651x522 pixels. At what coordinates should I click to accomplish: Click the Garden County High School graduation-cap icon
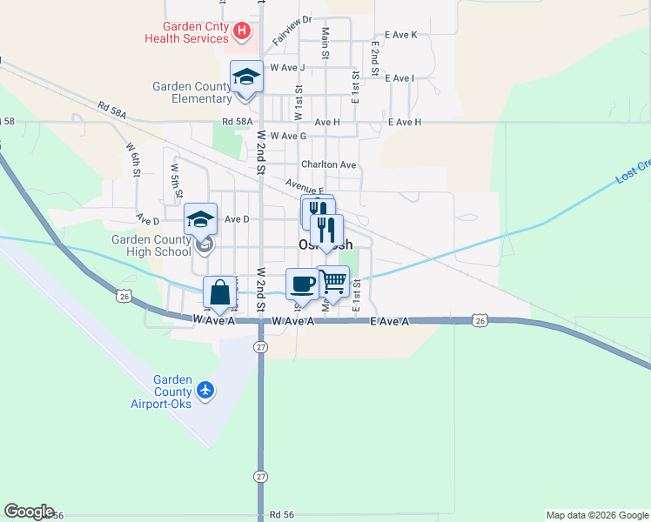pos(200,219)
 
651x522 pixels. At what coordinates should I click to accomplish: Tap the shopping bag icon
pos(220,292)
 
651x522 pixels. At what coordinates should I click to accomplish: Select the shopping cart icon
pos(332,282)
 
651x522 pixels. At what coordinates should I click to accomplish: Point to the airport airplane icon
pos(205,389)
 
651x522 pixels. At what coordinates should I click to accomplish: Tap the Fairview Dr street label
pos(292,30)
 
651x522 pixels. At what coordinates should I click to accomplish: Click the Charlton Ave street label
pos(329,164)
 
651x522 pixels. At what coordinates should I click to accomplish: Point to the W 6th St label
pos(133,160)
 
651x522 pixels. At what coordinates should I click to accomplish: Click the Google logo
pos(28,512)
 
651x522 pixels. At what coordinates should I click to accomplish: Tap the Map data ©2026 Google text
pos(596,515)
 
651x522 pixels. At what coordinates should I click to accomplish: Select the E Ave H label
pos(404,123)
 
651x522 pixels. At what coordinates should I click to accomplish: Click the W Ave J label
pos(287,67)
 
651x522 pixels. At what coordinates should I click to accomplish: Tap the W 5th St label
pos(176,179)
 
